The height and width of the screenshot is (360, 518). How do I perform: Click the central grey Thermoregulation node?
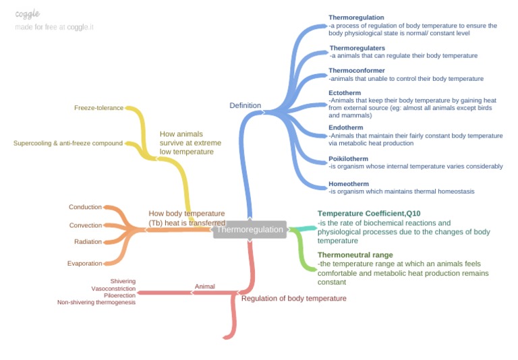(x=250, y=230)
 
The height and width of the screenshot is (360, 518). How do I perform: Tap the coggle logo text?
(x=27, y=14)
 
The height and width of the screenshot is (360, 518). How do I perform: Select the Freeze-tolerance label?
(x=98, y=108)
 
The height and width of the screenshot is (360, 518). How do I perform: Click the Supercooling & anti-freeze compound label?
(x=68, y=143)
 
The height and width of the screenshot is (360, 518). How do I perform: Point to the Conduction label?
(x=85, y=207)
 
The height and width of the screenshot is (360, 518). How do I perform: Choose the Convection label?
(x=86, y=225)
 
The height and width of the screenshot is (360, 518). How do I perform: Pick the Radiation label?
(x=88, y=241)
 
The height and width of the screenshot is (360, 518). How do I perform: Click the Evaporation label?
(x=84, y=263)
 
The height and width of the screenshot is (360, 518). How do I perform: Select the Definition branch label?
(x=245, y=105)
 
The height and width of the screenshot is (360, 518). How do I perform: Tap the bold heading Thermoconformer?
(x=357, y=70)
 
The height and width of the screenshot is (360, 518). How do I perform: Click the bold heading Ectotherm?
(x=345, y=92)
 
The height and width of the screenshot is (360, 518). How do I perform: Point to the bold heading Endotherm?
(x=346, y=127)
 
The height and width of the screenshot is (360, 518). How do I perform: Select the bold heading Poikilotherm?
(x=349, y=159)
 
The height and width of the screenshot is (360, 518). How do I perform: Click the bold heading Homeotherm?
(x=349, y=184)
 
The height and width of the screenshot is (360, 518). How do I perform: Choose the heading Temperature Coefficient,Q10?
(x=369, y=214)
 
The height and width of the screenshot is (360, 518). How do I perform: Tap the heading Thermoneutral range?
(x=355, y=256)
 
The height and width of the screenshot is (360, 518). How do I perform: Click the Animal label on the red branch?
(x=204, y=287)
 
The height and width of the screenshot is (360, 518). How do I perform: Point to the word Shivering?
(x=123, y=281)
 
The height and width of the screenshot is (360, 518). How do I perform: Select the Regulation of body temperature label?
(x=293, y=298)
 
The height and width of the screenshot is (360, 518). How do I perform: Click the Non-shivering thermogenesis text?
(x=96, y=303)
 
